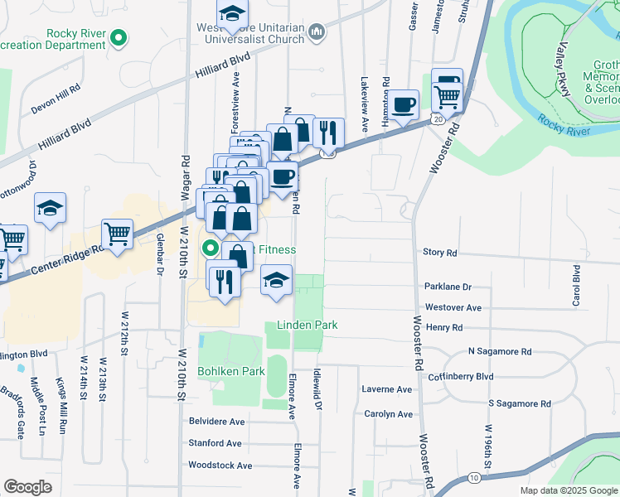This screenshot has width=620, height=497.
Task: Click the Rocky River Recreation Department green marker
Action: click(119, 37)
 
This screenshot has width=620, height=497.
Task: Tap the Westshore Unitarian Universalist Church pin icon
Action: click(316, 32)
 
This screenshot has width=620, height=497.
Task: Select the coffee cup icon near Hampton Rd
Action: click(404, 104)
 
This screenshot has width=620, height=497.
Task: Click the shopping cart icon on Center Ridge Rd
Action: click(117, 234)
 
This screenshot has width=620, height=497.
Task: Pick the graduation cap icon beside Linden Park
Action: click(277, 280)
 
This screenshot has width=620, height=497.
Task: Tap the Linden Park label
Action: click(307, 326)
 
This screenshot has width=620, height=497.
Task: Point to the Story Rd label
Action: click(439, 252)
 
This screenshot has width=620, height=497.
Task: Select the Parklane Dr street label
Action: click(448, 287)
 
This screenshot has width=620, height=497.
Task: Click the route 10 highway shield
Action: click(473, 478)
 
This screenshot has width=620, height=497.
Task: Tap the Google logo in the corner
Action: click(27, 487)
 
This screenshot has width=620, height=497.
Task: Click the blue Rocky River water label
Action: click(564, 125)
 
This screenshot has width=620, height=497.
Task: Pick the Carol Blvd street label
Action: click(575, 286)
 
